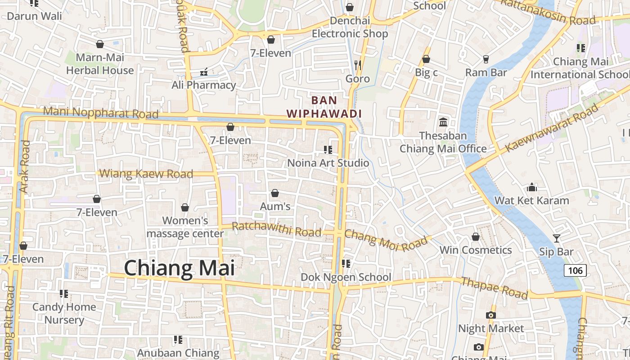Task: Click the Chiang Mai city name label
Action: (x=179, y=268)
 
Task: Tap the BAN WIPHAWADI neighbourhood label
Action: (x=324, y=107)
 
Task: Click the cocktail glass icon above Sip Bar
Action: (x=557, y=238)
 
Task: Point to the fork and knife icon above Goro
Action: (x=358, y=65)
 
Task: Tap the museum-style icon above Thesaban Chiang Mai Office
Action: (x=443, y=122)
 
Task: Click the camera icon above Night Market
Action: (x=491, y=315)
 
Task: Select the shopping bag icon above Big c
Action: (x=426, y=59)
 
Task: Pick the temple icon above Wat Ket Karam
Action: (x=532, y=187)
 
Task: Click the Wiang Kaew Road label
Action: (x=146, y=174)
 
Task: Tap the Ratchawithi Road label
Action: (x=276, y=229)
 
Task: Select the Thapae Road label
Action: (x=495, y=288)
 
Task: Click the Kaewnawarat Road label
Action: (x=552, y=128)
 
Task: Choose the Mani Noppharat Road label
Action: (x=101, y=112)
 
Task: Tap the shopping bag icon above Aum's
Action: (x=275, y=193)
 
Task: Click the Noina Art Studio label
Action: (x=328, y=163)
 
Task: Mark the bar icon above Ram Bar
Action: (x=486, y=59)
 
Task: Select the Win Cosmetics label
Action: (x=476, y=250)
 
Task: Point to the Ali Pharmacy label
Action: (x=204, y=85)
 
